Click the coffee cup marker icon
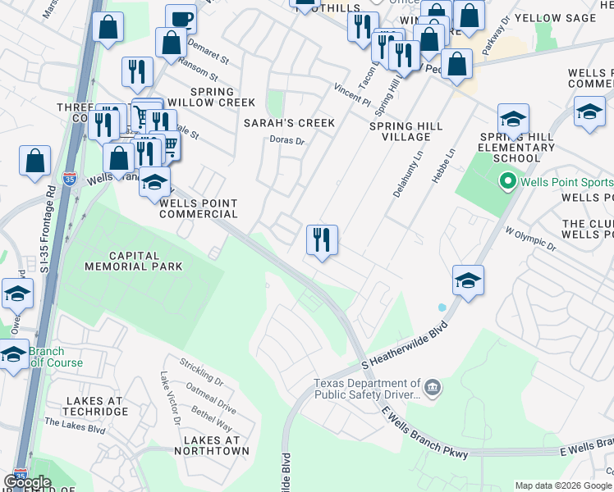(x=181, y=19)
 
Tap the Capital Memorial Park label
(x=133, y=260)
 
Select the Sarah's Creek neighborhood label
(x=289, y=123)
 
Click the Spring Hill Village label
(x=406, y=132)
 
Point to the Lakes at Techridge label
(x=94, y=407)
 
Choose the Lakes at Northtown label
(x=212, y=445)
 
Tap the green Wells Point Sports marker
(x=506, y=181)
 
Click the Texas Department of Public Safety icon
(x=433, y=385)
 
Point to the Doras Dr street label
(x=287, y=141)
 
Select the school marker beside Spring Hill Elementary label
(x=513, y=120)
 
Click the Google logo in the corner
(x=27, y=482)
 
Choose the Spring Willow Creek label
(x=222, y=97)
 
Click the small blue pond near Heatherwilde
(x=443, y=307)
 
